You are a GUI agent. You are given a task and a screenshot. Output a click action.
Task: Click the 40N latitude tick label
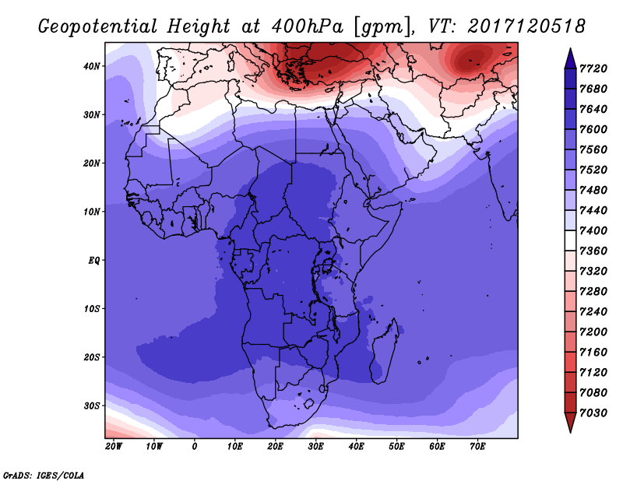click(91, 66)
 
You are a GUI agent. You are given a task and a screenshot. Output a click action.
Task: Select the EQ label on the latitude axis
click(93, 261)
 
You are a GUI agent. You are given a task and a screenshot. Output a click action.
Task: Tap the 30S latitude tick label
click(91, 406)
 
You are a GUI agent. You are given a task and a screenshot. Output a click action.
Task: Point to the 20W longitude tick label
click(114, 447)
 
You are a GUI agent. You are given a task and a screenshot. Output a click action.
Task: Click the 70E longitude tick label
click(477, 447)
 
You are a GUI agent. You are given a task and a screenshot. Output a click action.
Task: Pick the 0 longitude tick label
click(195, 447)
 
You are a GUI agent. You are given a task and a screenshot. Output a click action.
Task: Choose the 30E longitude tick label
click(316, 447)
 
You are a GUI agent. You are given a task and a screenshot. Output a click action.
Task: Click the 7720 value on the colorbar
click(593, 68)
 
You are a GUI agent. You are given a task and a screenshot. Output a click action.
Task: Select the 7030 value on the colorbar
click(593, 413)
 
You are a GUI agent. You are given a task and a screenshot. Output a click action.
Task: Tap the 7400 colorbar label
click(593, 230)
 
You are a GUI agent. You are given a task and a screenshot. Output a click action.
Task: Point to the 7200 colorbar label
click(593, 332)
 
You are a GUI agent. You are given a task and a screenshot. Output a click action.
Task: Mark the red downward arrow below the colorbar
click(571, 422)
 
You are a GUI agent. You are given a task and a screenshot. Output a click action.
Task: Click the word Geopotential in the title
click(98, 26)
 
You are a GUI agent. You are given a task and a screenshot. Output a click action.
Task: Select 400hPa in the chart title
click(307, 26)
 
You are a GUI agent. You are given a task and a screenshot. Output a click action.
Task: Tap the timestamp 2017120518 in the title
click(526, 26)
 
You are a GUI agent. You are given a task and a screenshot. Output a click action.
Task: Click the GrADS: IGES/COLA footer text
click(44, 476)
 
